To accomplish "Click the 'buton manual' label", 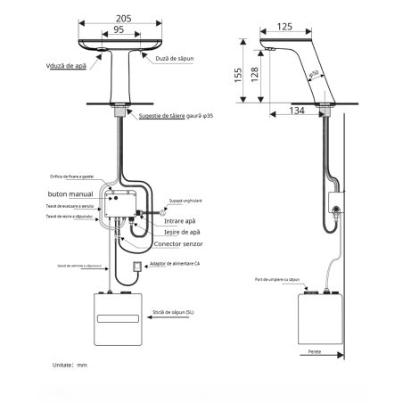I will point(70,193).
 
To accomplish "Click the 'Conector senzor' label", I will point(179,244).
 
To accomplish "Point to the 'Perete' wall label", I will point(314,352).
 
